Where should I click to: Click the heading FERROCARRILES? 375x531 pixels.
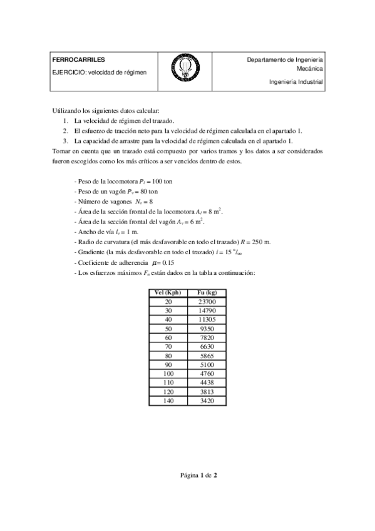74,60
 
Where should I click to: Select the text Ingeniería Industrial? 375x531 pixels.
296,81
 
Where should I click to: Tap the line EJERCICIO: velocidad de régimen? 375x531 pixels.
100,72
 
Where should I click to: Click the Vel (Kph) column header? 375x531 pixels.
168,293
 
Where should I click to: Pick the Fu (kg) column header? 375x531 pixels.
207,293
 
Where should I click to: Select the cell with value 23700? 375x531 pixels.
207,302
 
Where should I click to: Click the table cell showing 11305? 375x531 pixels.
207,319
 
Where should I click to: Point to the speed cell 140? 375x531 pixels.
168,400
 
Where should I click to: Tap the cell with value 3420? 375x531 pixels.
207,400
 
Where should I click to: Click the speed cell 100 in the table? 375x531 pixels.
168,373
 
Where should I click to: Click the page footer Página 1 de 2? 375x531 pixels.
187,475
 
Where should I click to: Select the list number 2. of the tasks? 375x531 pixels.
66,131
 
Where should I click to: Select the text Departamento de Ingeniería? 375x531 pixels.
285,60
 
